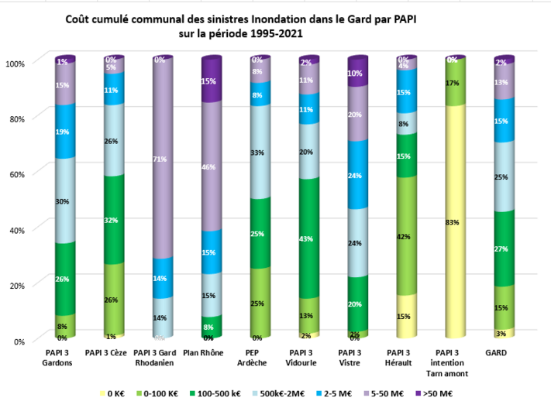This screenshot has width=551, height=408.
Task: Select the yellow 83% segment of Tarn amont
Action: [454, 222]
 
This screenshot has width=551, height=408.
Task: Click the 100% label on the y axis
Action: [15, 62]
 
